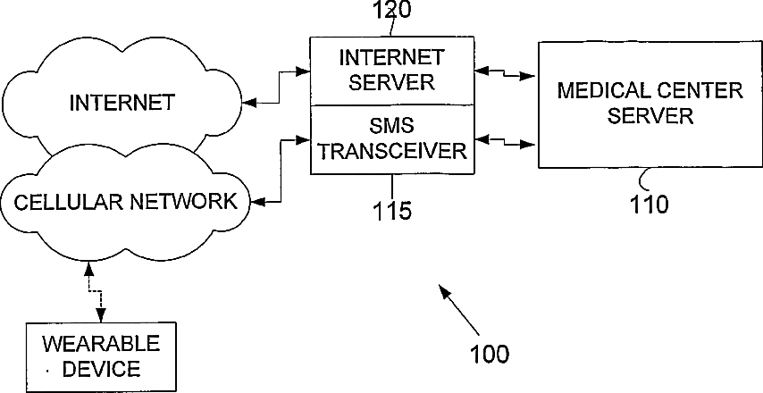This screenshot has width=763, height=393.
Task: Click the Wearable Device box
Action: pos(100,357)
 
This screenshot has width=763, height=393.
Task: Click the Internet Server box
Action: pos(392,71)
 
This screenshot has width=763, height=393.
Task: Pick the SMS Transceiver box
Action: pos(392,139)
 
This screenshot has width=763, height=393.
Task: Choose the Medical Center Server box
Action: pos(650,105)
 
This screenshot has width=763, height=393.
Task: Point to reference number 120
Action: pos(391,10)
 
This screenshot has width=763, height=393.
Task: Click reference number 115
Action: pos(392,211)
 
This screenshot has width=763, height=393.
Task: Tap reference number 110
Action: pos(650,205)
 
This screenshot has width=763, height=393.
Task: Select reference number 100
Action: pos(490,354)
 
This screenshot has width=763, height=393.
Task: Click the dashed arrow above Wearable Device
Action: pos(95,292)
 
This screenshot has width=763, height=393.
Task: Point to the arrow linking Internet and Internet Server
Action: pos(280,88)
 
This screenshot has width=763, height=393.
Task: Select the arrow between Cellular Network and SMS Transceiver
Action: pos(281,171)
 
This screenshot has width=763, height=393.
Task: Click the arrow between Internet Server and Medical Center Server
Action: pos(505,73)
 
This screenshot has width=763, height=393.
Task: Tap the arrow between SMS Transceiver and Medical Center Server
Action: pos(505,141)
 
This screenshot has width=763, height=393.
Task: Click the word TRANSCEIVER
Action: pos(392,151)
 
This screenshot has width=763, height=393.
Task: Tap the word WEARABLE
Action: pos(101,344)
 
